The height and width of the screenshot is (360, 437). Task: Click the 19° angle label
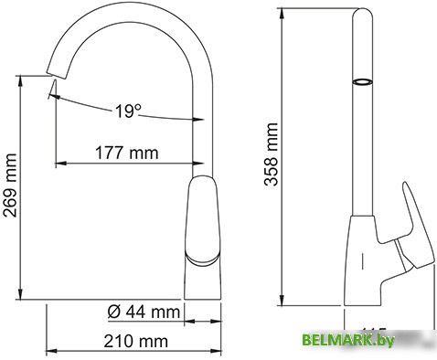129,111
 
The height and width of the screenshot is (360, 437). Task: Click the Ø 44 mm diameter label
143,312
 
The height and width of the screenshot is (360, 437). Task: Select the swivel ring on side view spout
364,82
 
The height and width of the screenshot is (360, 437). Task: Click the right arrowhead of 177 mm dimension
197,164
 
